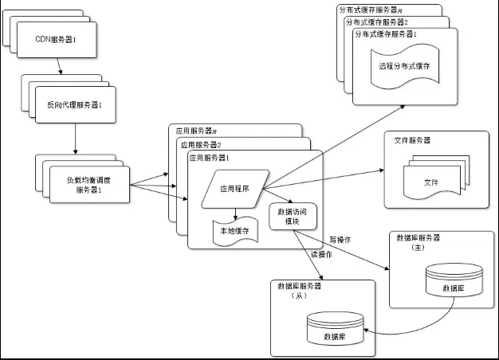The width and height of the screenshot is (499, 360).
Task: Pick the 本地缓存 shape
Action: coord(234,230)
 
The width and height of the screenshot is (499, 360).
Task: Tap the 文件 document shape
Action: coord(431,182)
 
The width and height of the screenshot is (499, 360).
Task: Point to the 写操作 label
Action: coord(341,239)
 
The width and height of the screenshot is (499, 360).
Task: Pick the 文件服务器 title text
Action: coord(413,140)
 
